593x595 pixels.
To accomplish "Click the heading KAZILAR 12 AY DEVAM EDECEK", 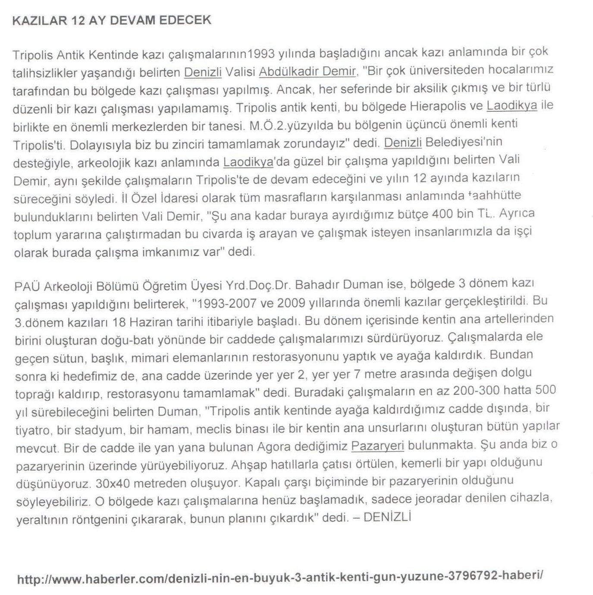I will pyautogui.click(x=112, y=21).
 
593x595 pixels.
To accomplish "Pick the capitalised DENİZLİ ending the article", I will pyautogui.click(x=387, y=517).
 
